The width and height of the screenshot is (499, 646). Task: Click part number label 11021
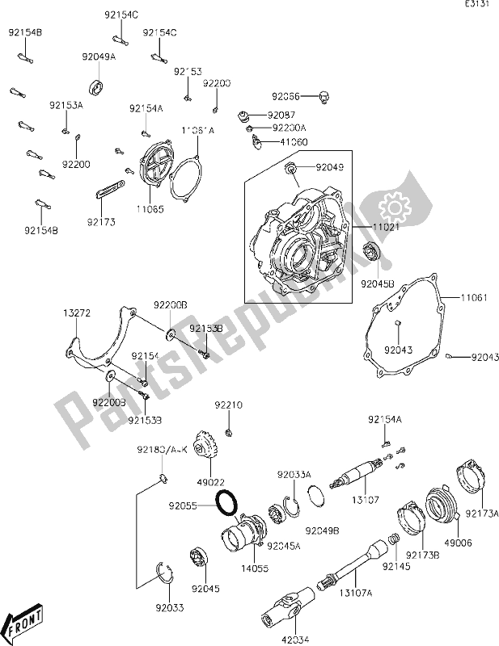point(366,229)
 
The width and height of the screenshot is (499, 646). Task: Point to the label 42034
point(294,640)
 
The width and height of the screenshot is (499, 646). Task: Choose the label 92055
point(184,507)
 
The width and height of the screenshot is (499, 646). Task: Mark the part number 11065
point(150,208)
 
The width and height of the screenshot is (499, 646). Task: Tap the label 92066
point(285,94)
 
